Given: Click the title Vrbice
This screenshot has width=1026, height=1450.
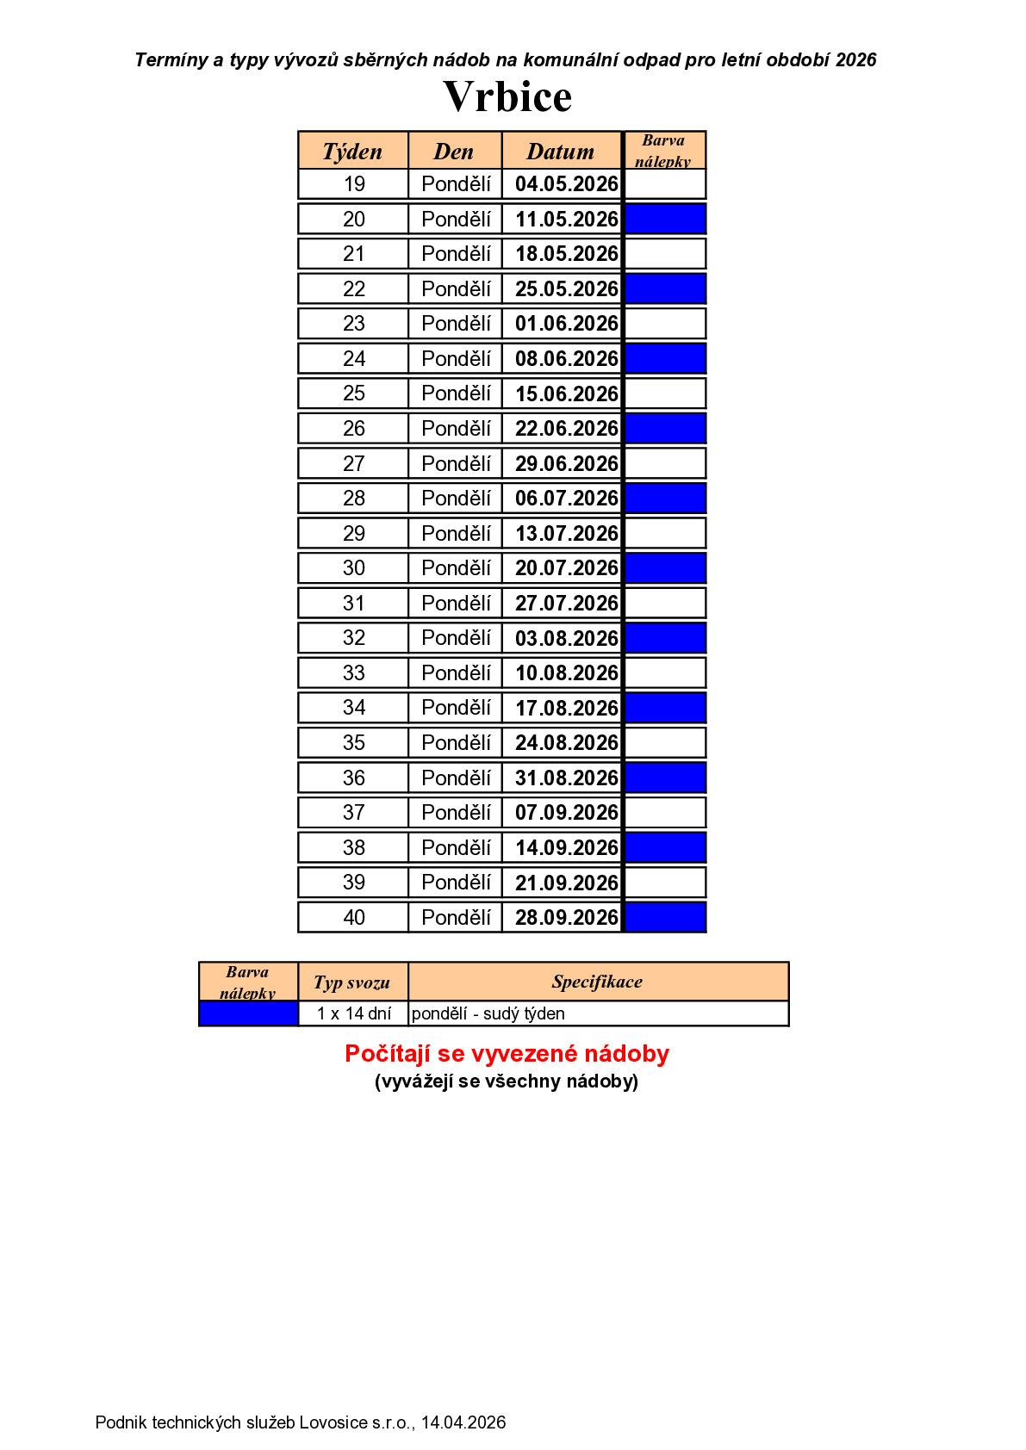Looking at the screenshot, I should coord(507,96).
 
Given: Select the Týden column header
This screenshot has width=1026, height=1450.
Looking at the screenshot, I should coord(352,152).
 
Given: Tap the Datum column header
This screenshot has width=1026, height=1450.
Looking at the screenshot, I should coord(560,152).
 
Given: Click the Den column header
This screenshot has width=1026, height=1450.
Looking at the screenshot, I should coord(454,152).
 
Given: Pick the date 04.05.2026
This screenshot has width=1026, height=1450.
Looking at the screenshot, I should coord(566,184).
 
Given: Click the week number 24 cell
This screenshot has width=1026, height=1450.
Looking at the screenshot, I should coord(353,358).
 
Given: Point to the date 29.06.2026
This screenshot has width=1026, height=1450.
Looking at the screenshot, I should coord(566,463).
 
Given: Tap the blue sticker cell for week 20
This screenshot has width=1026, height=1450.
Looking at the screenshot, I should coord(664,219).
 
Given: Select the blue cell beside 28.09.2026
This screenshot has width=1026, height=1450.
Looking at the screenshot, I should coord(664,917).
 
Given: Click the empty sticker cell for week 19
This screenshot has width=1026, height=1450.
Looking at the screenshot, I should coord(664,184).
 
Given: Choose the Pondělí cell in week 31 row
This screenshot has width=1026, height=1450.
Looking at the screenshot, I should coord(456,603).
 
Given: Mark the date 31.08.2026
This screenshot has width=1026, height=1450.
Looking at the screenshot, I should coord(566,778).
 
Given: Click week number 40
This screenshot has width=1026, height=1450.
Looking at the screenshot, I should coord(353,917).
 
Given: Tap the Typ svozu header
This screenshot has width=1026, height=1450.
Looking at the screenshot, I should coord(351,982).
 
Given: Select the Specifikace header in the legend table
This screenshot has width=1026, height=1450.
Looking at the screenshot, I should coord(597,982).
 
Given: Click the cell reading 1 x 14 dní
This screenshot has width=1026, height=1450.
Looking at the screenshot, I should coord(353,1013).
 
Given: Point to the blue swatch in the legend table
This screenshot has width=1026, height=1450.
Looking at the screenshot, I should coord(248,1013).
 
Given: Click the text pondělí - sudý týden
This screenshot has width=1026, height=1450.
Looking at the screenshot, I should coord(488,1013).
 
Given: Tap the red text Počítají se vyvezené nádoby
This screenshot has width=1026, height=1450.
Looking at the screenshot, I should coord(507,1054).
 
